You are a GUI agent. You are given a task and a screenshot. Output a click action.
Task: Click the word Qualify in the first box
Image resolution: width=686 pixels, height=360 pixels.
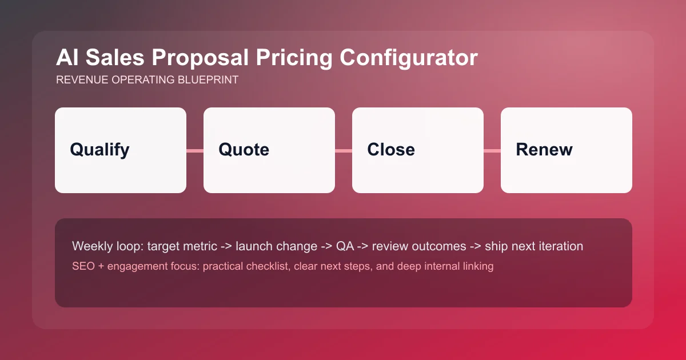(x=99, y=150)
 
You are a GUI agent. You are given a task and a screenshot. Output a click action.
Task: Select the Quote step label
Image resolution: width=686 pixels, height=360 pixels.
(x=244, y=150)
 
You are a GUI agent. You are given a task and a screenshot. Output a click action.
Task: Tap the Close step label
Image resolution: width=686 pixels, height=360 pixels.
(x=391, y=150)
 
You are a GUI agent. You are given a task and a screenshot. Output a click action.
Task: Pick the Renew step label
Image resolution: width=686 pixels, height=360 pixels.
(x=544, y=150)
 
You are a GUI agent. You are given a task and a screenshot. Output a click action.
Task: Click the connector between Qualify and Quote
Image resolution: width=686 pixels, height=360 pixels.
(x=195, y=151)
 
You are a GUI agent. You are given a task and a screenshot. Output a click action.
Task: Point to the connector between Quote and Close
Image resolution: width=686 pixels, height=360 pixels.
(x=344, y=151)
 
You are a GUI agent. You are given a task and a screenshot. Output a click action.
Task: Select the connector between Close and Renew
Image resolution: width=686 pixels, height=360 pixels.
(x=492, y=151)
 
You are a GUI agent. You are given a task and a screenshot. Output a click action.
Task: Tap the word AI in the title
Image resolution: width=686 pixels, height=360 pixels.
(x=66, y=58)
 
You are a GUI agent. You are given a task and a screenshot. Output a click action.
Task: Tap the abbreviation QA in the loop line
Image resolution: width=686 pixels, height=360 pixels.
(x=345, y=246)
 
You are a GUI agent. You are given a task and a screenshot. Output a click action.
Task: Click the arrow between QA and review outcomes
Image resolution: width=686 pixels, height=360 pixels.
(x=362, y=246)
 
